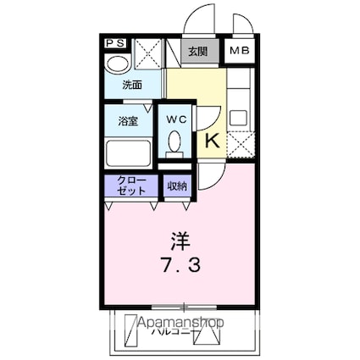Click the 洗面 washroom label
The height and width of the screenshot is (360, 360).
coord(131,85)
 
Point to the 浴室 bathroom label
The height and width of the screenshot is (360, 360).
coord(127,121)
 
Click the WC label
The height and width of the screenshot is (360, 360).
coord(176,119)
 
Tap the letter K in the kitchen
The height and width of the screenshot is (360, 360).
coord(213,141)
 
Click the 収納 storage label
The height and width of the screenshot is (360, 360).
coord(176,186)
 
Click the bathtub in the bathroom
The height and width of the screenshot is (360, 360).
coord(127,153)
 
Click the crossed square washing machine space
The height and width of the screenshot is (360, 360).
coord(147,55)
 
